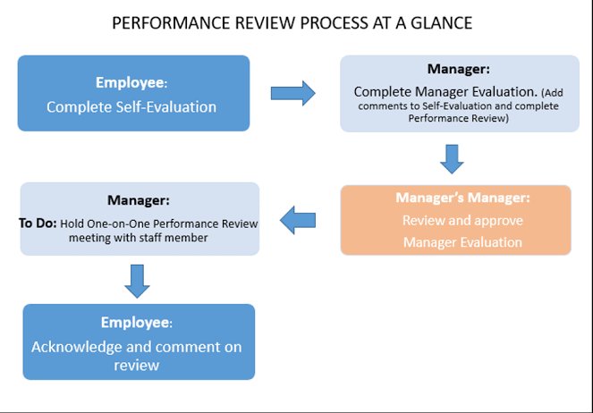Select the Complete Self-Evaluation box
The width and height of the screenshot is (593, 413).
pyautogui.click(x=133, y=93)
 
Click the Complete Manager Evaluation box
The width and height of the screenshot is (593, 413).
pyautogui.click(x=458, y=93)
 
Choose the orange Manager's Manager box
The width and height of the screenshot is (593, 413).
pyautogui.click(x=455, y=220)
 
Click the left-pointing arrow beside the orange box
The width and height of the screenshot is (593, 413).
pyautogui.click(x=300, y=218)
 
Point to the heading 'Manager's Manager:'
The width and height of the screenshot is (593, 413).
pyautogui.click(x=455, y=198)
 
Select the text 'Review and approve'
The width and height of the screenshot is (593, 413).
pyautogui.click(x=455, y=221)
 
